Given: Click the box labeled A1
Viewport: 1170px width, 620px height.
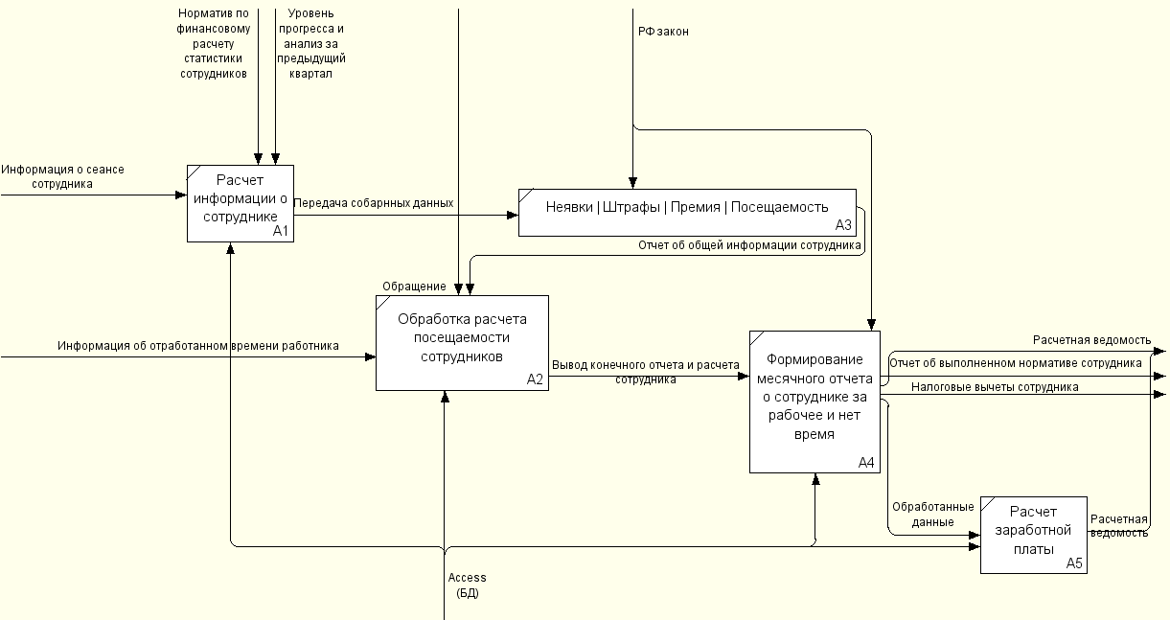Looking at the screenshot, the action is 241,204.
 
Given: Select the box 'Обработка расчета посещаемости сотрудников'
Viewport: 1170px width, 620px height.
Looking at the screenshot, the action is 462,343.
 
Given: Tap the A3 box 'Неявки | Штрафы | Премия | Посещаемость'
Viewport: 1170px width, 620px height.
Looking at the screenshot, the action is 687,213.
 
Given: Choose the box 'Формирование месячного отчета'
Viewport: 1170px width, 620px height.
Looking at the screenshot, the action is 814,402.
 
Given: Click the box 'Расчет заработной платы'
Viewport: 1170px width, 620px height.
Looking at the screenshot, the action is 1034,535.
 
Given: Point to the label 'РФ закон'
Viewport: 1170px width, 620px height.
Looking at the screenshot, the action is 663,32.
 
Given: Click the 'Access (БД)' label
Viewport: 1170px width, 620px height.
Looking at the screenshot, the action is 467,585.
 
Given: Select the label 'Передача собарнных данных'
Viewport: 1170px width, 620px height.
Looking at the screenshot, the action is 374,203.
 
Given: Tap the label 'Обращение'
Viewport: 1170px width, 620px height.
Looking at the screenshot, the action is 414,287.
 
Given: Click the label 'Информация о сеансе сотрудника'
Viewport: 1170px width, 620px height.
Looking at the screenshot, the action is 62,176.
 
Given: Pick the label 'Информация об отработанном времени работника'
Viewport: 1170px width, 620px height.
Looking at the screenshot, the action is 198,346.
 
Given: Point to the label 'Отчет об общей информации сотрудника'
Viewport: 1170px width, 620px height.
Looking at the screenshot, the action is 749,245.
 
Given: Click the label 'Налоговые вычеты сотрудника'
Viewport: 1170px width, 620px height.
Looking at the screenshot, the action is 995,387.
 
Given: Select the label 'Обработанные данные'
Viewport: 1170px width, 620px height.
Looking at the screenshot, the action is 933,515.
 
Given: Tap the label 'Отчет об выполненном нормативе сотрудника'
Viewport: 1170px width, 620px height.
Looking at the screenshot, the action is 1016,363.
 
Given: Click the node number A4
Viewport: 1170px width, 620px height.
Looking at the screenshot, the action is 866,462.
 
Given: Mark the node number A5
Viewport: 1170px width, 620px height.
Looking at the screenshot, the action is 1074,563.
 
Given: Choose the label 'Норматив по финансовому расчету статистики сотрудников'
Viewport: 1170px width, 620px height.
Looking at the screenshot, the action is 213,43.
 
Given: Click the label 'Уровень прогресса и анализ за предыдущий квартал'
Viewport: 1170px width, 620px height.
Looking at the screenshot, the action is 310,43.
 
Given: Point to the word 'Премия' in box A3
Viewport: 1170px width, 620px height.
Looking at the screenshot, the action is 696,207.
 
